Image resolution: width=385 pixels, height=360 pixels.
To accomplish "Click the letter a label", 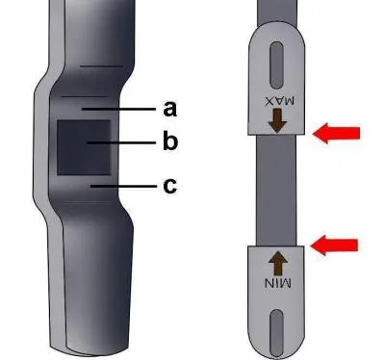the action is tap(169, 109).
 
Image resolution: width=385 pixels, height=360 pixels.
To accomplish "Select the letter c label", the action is tap(169, 186).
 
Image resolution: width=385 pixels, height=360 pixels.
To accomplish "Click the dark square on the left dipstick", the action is tap(84, 147).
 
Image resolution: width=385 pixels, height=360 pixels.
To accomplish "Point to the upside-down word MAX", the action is tap(279, 101).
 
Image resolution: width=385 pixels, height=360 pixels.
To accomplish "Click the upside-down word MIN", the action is tap(278, 283).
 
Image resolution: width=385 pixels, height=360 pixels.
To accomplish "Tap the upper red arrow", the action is tap(336, 133).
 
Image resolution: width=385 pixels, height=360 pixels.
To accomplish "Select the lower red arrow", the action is tap(334, 245).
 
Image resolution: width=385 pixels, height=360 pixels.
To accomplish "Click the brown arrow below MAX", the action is tap(277, 120).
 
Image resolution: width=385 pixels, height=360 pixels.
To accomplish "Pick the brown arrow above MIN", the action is tap(278, 263).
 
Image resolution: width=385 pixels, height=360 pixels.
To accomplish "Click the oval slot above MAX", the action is tap(277, 64).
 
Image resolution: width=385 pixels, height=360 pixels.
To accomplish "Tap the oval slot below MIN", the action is tap(276, 333).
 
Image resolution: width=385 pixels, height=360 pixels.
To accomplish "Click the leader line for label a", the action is tap(118, 109).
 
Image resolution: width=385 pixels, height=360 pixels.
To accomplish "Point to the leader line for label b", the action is tap(121, 142).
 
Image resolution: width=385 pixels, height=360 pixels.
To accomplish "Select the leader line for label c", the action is tap(123, 186).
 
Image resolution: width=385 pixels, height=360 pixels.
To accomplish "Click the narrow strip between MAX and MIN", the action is tap(276, 191).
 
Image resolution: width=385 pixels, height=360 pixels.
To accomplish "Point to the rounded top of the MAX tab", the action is tap(277, 31).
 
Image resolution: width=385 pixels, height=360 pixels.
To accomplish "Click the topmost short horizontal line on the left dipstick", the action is tap(101, 66).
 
